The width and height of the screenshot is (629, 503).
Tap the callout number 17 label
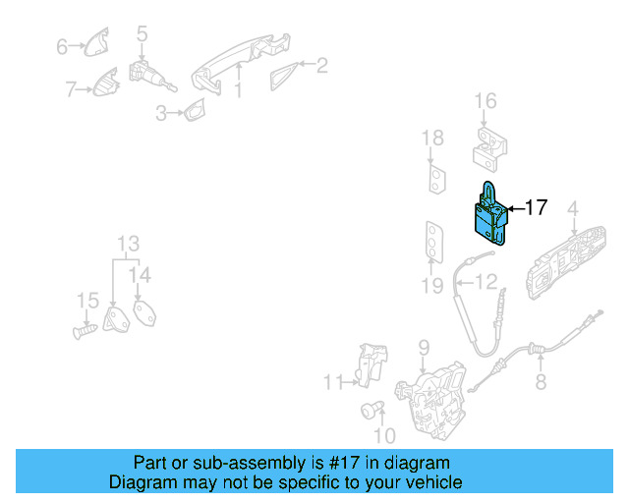[x=535, y=207]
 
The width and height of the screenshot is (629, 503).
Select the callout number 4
[x=572, y=207]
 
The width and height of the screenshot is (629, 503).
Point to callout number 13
[x=129, y=244]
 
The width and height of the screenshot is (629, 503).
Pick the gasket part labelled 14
[x=144, y=314]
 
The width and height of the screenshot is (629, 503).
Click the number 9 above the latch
[x=424, y=347]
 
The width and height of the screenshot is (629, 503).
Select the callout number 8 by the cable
[x=541, y=383]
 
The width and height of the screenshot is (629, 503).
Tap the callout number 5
[x=142, y=34]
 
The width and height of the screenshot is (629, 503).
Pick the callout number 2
[x=321, y=66]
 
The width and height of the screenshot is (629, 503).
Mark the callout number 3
[x=161, y=114]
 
